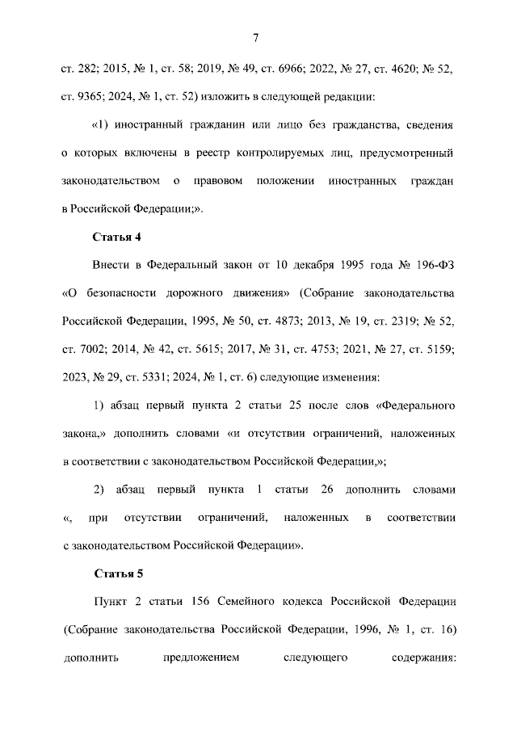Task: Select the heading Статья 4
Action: (120, 237)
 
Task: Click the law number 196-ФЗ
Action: (434, 264)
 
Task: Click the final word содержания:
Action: (420, 657)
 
